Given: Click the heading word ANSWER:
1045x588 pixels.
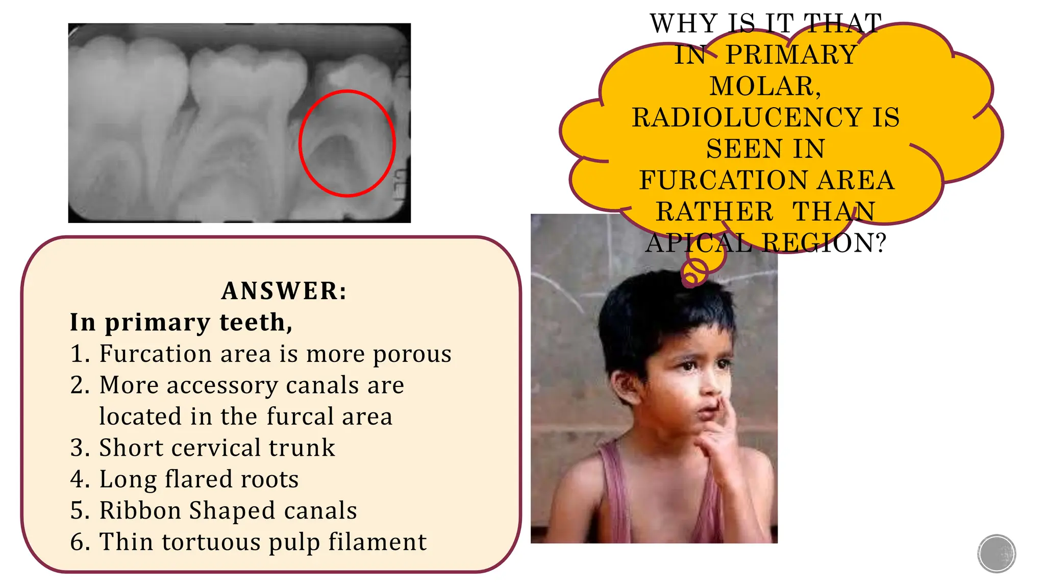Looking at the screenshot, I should (284, 291).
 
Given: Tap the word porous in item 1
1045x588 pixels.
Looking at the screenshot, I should (412, 354).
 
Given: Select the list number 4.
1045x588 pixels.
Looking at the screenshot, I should (80, 479).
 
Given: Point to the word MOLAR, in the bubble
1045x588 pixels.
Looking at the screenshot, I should (765, 86).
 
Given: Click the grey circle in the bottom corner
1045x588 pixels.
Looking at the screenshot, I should (997, 553).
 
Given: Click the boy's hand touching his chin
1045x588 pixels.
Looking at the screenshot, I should (717, 434).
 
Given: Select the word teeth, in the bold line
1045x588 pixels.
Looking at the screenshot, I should (256, 323).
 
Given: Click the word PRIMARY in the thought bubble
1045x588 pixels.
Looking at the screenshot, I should (791, 55).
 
